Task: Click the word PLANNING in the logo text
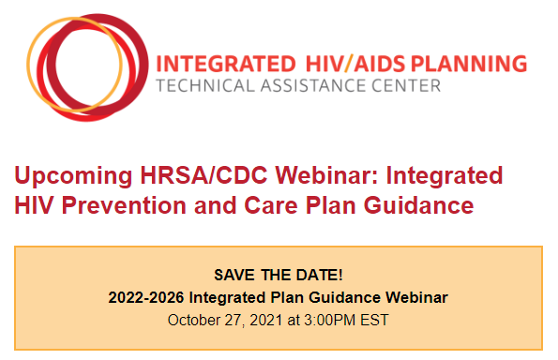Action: (x=467, y=64)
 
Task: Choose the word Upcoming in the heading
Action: (x=72, y=175)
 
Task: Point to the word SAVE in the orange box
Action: (x=234, y=276)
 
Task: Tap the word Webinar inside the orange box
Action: (x=415, y=297)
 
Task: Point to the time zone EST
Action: (x=374, y=320)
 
